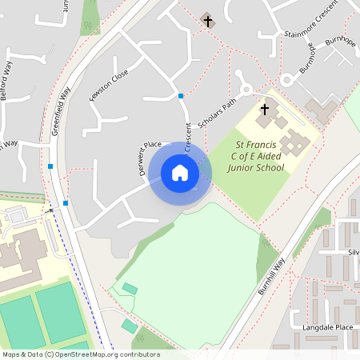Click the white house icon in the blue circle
point(180,173)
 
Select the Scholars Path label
point(218,114)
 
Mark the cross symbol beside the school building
point(265,109)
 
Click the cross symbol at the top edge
point(209,21)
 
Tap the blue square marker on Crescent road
point(181,96)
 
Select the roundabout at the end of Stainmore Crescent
point(286,80)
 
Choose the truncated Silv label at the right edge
point(354,251)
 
